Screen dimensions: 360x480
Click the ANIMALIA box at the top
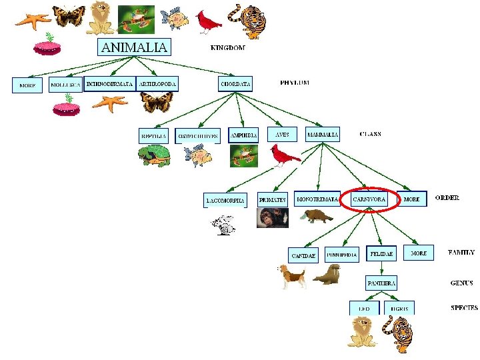134,47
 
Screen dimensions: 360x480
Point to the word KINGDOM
228,48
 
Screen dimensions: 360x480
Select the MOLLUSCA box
65,85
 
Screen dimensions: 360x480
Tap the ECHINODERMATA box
109,84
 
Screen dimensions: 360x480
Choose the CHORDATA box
236,84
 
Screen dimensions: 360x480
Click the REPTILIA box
153,135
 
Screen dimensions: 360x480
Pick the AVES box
283,134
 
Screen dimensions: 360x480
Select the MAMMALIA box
323,134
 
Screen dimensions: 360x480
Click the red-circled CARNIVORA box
369,199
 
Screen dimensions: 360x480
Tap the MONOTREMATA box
317,199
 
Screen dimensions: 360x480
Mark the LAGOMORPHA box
225,200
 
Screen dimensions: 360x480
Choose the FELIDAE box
382,254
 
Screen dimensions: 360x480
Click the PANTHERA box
381,283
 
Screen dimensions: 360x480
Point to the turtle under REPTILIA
154,156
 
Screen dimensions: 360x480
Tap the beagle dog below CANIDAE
292,275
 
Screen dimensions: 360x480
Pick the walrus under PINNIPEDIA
327,274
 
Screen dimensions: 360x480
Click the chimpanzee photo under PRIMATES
273,217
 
